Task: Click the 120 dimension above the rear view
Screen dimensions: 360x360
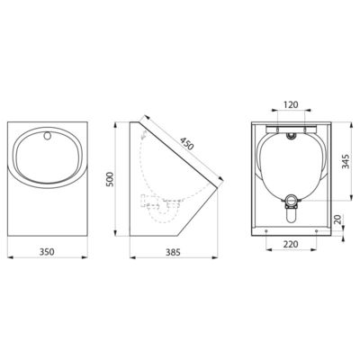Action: [290, 104]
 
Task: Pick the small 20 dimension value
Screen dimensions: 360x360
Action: [343, 220]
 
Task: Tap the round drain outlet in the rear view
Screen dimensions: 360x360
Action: [290, 200]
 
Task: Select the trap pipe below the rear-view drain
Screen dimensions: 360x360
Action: [290, 216]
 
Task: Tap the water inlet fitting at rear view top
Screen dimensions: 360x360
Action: [290, 133]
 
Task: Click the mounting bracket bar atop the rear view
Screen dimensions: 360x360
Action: [290, 125]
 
